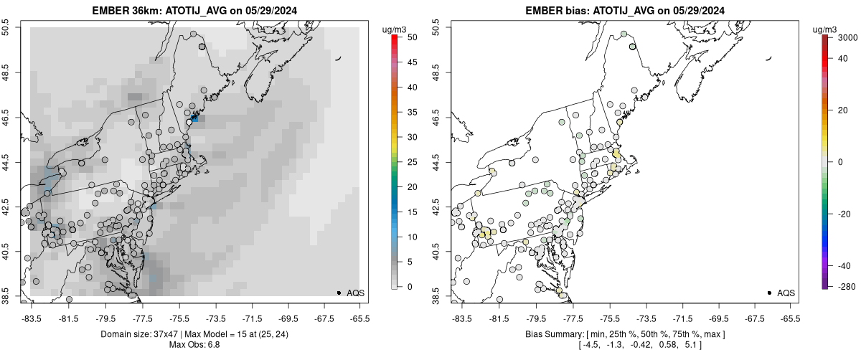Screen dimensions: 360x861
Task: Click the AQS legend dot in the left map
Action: click(339, 293)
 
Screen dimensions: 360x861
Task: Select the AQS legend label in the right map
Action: click(786, 293)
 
